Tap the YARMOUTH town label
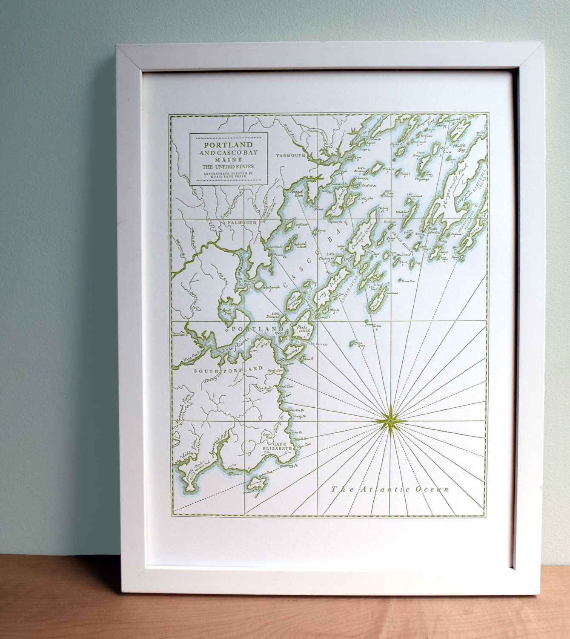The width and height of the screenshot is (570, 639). tap(291, 155)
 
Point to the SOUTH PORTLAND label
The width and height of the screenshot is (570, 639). tap(228, 371)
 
